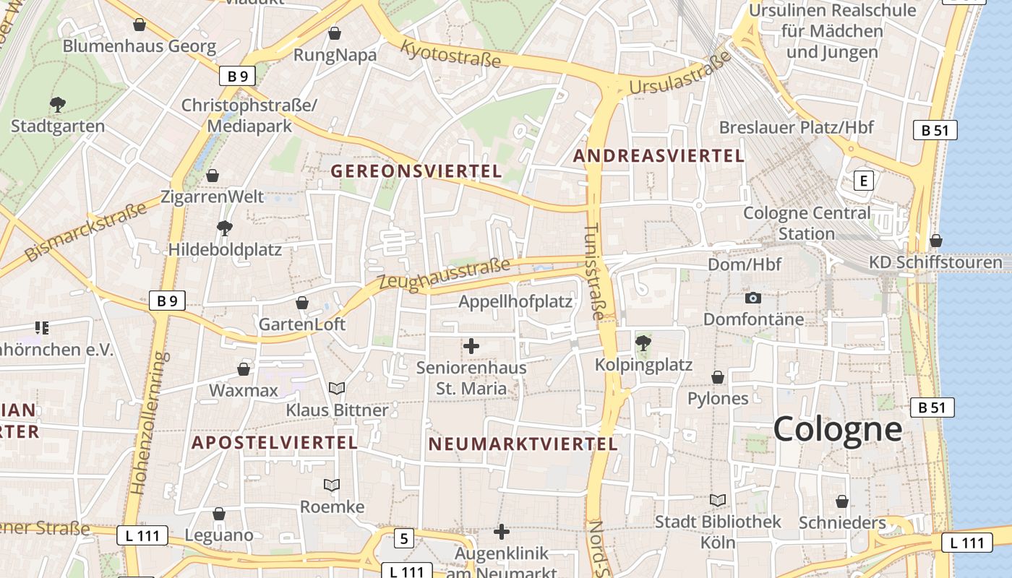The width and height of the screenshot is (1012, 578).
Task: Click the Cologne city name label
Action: (x=838, y=429)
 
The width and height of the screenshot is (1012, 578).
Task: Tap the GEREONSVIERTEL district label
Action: (x=416, y=171)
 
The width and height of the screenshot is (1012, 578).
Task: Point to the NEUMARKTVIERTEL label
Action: (x=523, y=444)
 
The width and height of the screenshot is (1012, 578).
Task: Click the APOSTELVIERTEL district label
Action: (x=274, y=442)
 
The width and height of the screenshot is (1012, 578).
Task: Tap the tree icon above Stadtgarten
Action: (x=58, y=105)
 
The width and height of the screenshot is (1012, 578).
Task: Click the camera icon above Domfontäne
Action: (x=752, y=298)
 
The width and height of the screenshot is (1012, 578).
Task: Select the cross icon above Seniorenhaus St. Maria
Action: (x=471, y=346)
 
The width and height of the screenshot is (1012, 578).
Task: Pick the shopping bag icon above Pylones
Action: (x=718, y=377)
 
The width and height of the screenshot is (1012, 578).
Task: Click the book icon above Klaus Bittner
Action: (x=337, y=388)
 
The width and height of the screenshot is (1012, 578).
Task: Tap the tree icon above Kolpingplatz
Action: (x=643, y=342)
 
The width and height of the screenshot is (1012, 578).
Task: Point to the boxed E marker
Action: (x=863, y=180)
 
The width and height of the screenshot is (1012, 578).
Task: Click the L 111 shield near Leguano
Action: (x=142, y=535)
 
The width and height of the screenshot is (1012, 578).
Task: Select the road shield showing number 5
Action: (x=404, y=538)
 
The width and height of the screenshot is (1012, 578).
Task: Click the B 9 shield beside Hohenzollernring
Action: (x=167, y=301)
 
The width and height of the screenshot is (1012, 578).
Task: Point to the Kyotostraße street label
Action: (x=450, y=54)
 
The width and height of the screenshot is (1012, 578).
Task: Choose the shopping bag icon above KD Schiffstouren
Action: (x=936, y=241)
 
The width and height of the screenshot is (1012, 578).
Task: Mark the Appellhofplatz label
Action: (x=515, y=301)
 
